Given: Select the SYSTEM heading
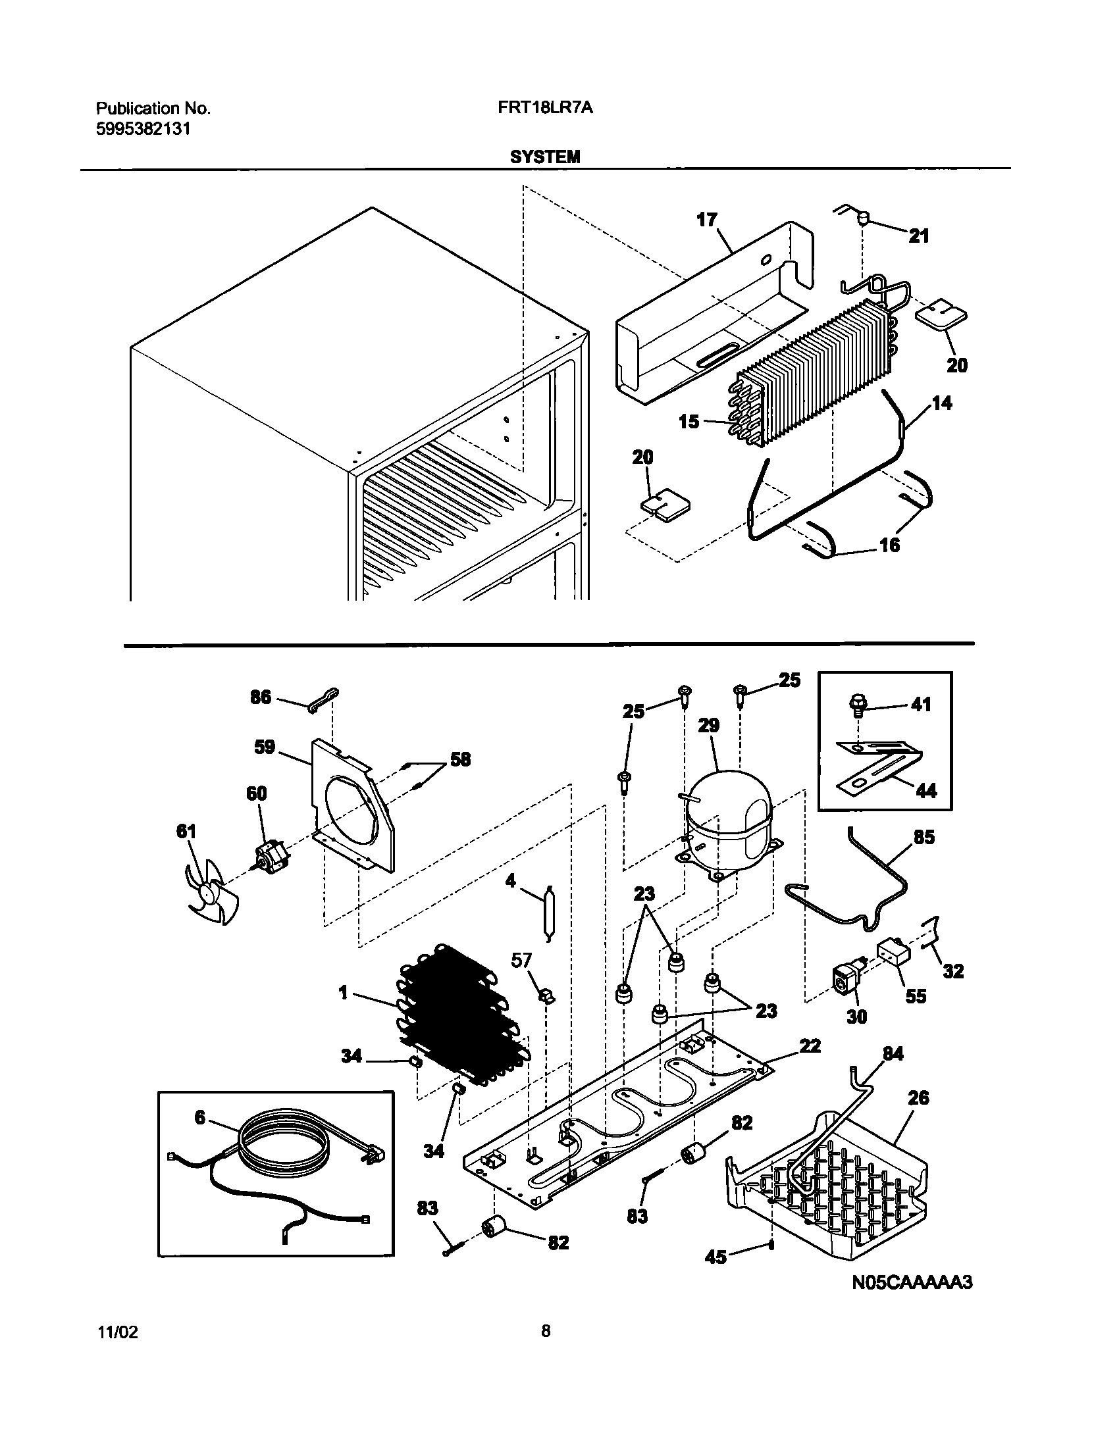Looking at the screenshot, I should [545, 157].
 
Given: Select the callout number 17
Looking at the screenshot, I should [706, 220].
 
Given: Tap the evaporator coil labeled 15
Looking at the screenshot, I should [810, 368].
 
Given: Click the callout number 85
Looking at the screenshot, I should [924, 838].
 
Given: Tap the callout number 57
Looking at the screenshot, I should [521, 961].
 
